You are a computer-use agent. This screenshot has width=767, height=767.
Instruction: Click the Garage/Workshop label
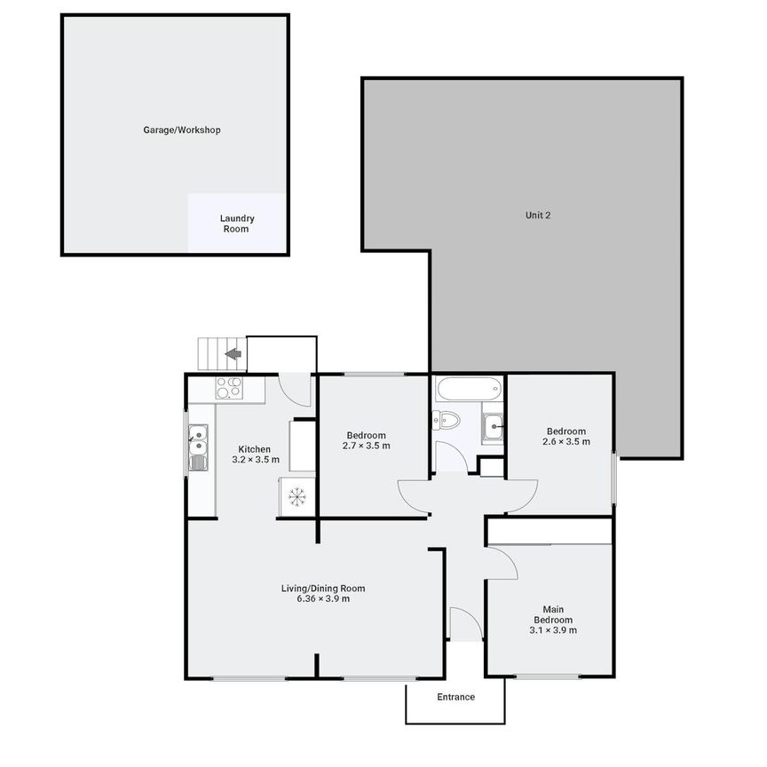click(x=182, y=130)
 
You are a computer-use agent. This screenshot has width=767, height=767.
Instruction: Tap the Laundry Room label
click(x=237, y=224)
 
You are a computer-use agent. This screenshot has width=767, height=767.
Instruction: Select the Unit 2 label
click(x=538, y=215)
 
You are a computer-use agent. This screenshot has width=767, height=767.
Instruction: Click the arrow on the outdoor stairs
click(x=233, y=353)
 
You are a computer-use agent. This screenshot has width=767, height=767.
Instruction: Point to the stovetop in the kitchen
click(x=229, y=387)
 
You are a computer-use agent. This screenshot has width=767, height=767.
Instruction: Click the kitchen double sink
click(x=198, y=447)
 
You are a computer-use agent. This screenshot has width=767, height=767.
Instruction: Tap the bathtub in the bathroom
click(x=469, y=389)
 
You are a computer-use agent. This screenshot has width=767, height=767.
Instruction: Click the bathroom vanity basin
click(x=493, y=427)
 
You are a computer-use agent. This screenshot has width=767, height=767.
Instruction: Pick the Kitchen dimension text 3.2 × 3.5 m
click(x=256, y=460)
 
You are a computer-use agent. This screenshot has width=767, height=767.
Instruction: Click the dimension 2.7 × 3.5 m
click(x=367, y=446)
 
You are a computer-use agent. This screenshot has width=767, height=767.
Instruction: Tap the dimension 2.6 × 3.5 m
click(x=566, y=442)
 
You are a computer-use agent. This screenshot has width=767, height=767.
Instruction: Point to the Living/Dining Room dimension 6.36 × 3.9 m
click(x=323, y=598)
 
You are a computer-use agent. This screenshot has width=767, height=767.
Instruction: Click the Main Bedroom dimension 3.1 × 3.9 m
click(x=553, y=630)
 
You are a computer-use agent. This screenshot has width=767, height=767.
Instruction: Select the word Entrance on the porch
click(x=456, y=697)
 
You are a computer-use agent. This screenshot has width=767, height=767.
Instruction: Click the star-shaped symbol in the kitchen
click(x=297, y=496)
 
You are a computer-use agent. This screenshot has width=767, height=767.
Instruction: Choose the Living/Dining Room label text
click(x=323, y=589)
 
